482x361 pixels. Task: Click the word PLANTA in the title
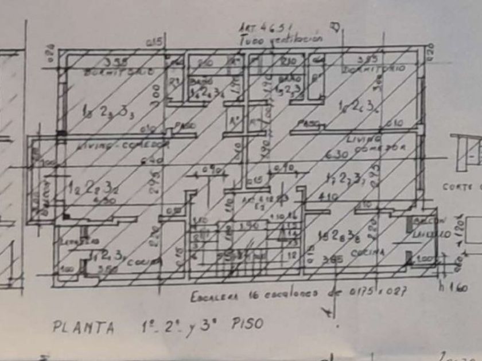tap(83, 327)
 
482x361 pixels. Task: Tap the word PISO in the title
tap(247, 324)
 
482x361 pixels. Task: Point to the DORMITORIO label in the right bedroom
tap(375, 69)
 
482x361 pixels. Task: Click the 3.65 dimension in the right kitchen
tap(333, 259)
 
